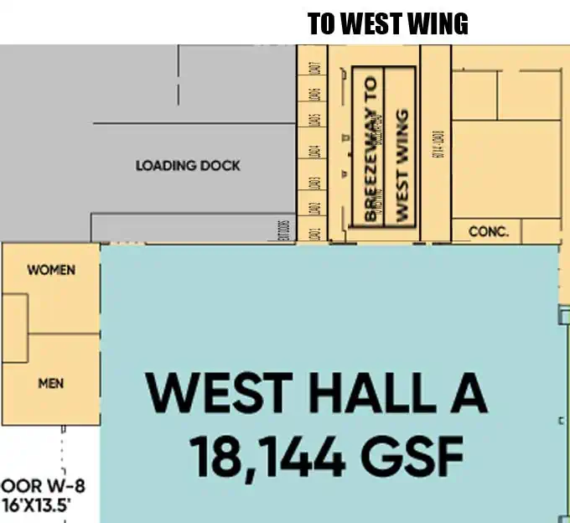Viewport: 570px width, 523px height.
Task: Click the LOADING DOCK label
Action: coord(188,166)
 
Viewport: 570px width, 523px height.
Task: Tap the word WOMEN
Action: coord(51,270)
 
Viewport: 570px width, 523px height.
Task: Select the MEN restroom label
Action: coord(51,384)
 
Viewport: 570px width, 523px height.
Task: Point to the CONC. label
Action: coord(489,230)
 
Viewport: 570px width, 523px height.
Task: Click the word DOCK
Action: coord(220,166)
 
